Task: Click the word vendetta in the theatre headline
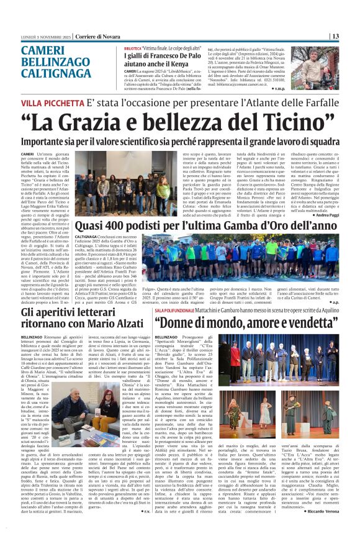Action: coord(307,322)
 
